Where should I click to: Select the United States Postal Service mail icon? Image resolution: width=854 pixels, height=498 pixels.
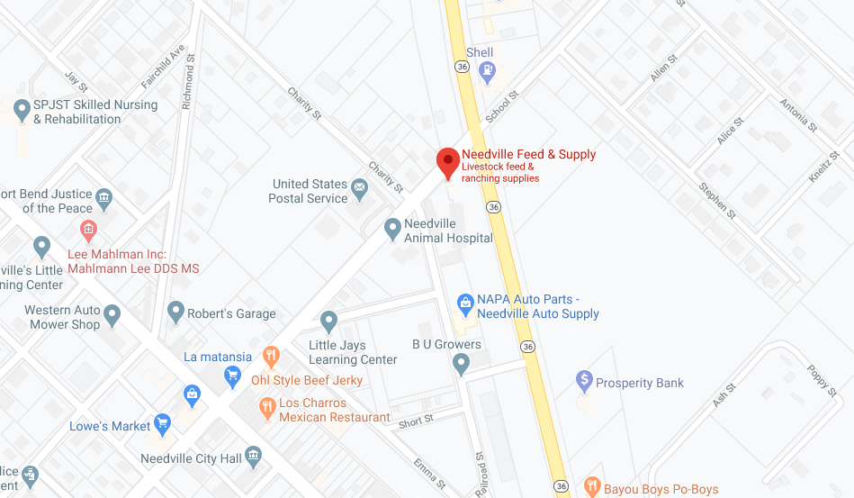coord(360,190)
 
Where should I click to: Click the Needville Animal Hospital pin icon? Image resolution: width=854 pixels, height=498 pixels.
coord(392,229)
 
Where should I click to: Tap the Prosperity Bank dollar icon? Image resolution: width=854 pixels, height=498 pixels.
coord(584,382)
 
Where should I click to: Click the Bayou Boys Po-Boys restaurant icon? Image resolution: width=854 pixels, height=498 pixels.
coord(592,488)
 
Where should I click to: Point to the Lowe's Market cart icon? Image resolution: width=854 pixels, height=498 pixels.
coord(162,423)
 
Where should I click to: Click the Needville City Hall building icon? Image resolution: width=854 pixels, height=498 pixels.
coord(254,457)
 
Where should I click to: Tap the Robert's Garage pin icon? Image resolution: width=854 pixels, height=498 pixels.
coord(176,312)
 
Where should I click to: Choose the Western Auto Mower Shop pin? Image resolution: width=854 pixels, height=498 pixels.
coord(112,315)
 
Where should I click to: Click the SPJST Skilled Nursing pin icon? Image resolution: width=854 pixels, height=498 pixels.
coord(22,110)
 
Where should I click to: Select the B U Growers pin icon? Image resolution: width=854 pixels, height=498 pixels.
coord(461,363)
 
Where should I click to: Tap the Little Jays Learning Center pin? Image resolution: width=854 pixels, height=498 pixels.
coord(328,321)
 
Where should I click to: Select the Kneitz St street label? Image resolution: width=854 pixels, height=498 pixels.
coord(823,167)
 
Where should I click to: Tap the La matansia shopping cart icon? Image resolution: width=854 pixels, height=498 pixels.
coord(232,376)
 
